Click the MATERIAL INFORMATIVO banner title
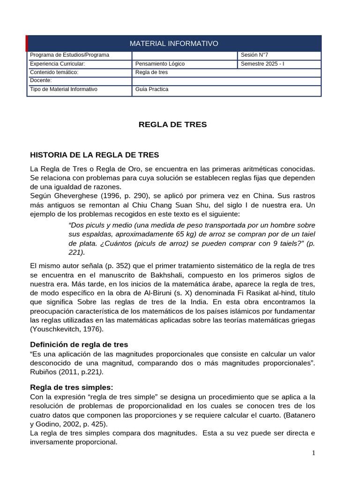tap(174, 44)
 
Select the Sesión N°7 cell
tap(254, 55)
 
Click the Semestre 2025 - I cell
tap(262, 64)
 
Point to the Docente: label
tap(41, 80)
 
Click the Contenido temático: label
tap(54, 72)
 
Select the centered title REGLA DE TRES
tap(172, 125)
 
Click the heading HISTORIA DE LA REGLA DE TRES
tap(94, 154)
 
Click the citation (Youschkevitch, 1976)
tap(67, 329)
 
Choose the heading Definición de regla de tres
tap(79, 345)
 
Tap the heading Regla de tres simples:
tap(71, 387)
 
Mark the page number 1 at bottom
tap(314, 453)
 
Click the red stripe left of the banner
tap(27, 44)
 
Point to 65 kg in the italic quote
tap(177, 234)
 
